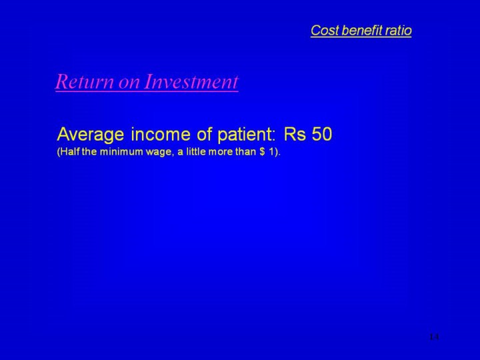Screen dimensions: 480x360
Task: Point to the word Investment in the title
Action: tap(191, 82)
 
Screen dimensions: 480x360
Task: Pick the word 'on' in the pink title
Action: tap(129, 84)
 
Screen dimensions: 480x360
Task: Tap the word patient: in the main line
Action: tap(247, 135)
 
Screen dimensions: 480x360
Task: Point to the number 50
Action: tap(322, 134)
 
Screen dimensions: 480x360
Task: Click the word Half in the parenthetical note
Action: tap(68, 152)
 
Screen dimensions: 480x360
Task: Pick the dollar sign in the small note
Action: tap(263, 151)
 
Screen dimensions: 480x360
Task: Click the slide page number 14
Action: tap(434, 337)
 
